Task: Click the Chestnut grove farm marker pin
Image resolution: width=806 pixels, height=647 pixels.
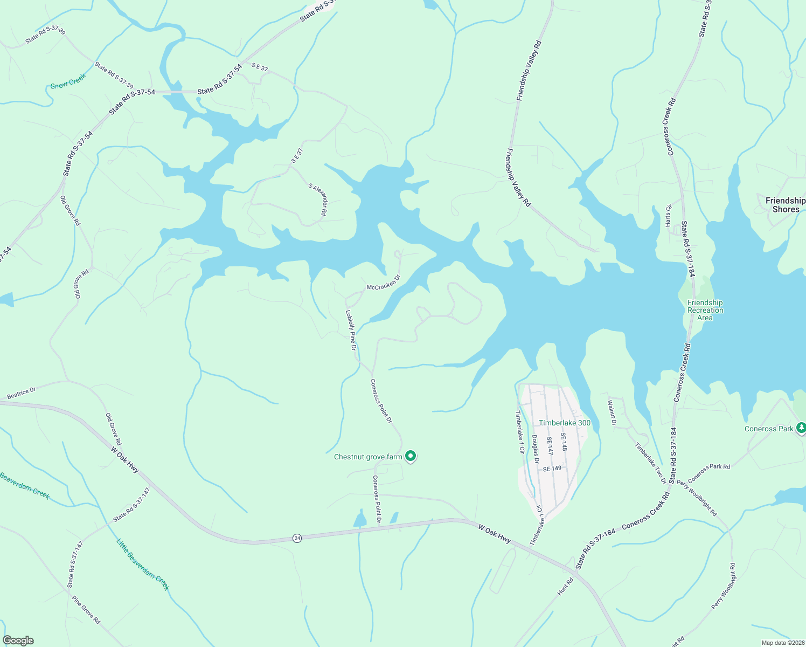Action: coord(411,457)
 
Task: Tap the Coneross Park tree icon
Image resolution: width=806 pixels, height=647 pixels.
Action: coord(801,428)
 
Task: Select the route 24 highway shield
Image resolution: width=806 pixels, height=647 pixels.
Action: coord(297,538)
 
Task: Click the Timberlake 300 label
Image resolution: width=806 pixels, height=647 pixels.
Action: coord(565,423)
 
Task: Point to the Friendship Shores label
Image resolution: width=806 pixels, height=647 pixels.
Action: coord(785,205)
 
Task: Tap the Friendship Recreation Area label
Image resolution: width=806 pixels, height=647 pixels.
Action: coord(705,310)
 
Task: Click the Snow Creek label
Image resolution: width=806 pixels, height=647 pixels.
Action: coord(68,81)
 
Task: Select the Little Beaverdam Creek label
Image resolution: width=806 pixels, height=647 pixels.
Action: coord(143,564)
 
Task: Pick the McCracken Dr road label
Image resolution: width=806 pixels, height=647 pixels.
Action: coord(384,283)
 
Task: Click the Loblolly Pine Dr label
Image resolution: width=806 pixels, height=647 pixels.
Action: coord(351,329)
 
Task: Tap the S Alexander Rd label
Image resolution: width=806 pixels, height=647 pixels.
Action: coord(318,199)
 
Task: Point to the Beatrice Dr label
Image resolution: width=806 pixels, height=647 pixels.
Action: coord(22,394)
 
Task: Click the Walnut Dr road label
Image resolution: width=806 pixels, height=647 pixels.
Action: coord(612,412)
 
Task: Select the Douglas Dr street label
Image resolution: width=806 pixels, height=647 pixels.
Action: coord(536,449)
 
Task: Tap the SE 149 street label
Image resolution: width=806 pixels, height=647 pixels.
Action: coord(552,469)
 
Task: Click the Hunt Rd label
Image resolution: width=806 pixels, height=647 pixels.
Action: coord(566,587)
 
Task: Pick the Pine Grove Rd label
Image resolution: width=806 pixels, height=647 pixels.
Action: coord(86,609)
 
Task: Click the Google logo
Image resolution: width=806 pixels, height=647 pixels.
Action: coord(18,641)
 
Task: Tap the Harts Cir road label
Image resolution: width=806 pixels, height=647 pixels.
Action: coord(669,215)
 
